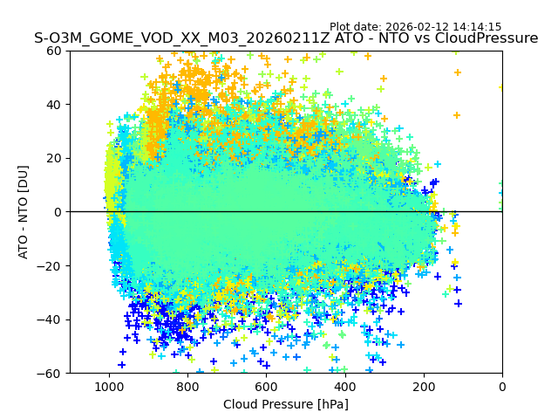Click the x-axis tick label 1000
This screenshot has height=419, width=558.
point(109,386)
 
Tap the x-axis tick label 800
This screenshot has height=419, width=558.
point(187,386)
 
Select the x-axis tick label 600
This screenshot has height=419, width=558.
point(266,386)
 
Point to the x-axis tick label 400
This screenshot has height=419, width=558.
point(344,386)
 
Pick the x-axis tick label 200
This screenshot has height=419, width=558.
point(423,386)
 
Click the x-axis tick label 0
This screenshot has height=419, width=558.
point(501,386)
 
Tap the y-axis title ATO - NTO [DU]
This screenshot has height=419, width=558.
point(24,212)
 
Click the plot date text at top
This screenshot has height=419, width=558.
point(415,27)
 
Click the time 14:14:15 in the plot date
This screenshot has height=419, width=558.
point(477,27)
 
